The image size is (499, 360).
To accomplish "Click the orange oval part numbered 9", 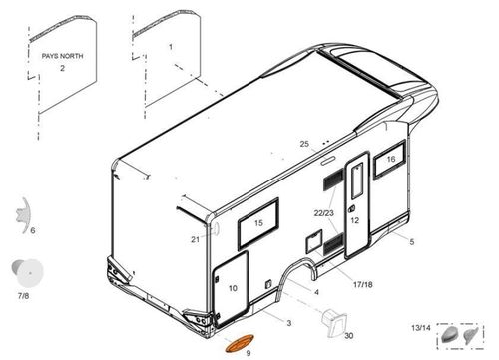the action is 240,344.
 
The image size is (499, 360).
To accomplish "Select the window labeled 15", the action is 258,224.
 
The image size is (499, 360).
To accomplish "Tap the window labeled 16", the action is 390,160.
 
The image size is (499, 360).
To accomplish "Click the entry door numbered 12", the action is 357,205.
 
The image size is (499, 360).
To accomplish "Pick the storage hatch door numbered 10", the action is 231,288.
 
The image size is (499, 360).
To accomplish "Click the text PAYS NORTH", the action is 62,56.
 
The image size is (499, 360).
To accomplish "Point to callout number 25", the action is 304,144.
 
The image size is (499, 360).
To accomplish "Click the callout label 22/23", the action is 324,213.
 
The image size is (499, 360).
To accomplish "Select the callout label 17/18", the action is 363,284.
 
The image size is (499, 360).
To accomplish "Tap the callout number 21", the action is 195,239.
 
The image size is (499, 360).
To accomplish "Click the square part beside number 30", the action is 334,323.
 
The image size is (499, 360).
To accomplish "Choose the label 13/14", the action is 421,328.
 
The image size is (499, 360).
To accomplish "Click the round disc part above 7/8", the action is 28,273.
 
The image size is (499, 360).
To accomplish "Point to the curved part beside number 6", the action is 23,215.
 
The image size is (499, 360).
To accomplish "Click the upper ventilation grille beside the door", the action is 333,180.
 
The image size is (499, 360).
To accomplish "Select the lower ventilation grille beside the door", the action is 333,244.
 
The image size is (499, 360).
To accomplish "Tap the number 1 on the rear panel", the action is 171,47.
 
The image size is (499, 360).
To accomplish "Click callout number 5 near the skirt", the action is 412,242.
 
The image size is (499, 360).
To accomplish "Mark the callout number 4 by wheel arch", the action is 316,292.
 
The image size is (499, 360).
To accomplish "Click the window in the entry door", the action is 356,180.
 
